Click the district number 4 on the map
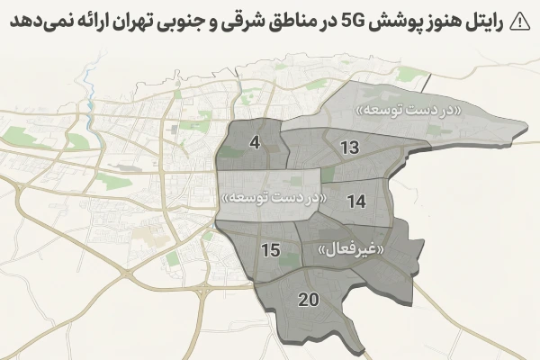pos(255,143)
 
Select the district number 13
pos(351,148)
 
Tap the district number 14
pos(356,202)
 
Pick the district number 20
pos(308,300)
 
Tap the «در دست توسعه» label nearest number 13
pos(411,110)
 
